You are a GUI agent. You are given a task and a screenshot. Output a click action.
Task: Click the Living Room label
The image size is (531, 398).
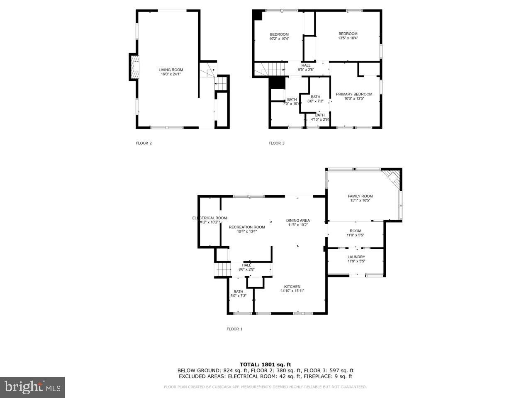click(171, 70)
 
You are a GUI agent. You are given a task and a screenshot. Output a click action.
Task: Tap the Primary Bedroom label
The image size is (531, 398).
click(354, 94)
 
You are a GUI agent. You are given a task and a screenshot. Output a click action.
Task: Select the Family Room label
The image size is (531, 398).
click(360, 196)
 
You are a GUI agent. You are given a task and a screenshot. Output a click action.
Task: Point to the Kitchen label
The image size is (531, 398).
click(292, 286)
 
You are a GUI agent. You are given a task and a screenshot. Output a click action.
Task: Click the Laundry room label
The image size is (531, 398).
click(356, 257)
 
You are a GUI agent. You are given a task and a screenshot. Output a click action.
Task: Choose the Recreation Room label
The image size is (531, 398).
click(247, 227)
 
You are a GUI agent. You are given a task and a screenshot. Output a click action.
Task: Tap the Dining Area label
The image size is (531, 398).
click(298, 221)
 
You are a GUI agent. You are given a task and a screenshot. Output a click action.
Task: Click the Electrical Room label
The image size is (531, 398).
click(209, 218)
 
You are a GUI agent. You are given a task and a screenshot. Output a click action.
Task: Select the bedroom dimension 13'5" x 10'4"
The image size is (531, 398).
click(348, 38)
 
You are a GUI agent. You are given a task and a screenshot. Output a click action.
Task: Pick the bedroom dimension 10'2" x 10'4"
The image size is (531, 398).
click(279, 39)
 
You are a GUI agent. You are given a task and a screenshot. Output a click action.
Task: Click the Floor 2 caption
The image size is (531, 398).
click(144, 143)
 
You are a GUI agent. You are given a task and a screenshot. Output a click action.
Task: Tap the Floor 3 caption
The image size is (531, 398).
click(277, 143)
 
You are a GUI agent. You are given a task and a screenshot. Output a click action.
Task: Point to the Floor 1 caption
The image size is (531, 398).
click(234, 329)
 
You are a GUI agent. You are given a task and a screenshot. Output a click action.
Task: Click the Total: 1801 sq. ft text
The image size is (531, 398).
click(265, 364)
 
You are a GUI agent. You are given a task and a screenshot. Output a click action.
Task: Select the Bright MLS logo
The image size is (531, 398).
click(32, 388)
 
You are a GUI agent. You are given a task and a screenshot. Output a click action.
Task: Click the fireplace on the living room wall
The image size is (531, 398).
click(134, 68)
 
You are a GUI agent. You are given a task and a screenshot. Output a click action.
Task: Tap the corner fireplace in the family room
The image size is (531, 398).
click(392, 178)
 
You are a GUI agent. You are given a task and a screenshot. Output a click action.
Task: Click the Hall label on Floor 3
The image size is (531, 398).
click(306, 65)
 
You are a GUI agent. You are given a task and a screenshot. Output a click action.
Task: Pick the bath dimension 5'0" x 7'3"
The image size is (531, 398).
click(238, 296)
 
